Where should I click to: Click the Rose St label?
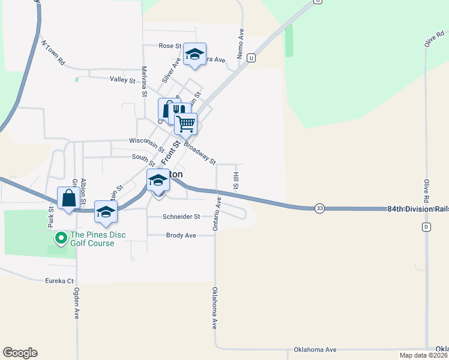click(x=170, y=46)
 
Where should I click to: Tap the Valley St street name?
click(x=122, y=80)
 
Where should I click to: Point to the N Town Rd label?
click(x=52, y=53)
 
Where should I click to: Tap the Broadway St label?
click(x=200, y=152)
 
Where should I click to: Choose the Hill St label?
click(x=236, y=181)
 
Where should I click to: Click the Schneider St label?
click(x=181, y=217)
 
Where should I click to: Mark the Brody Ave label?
click(x=181, y=236)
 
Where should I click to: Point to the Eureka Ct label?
click(x=59, y=281)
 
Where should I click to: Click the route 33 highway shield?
click(x=319, y=208)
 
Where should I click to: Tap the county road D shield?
click(x=426, y=227)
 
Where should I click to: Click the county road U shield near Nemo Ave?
click(x=251, y=58)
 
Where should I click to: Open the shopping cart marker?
click(x=186, y=124)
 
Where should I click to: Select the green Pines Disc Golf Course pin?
click(x=61, y=239)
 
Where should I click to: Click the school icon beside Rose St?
click(x=194, y=54)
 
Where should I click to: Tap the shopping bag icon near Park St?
click(x=69, y=198)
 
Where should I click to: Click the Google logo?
click(x=20, y=353)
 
